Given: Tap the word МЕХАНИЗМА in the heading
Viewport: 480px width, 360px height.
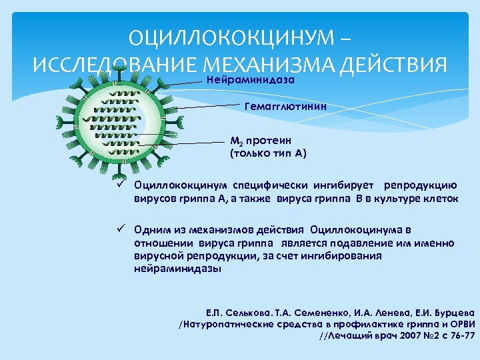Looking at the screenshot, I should [x=270, y=65].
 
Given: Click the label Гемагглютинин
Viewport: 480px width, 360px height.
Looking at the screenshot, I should [x=286, y=107].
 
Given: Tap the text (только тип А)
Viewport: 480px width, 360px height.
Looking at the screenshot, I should [x=268, y=153].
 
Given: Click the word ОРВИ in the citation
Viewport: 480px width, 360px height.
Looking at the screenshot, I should [x=458, y=324].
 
